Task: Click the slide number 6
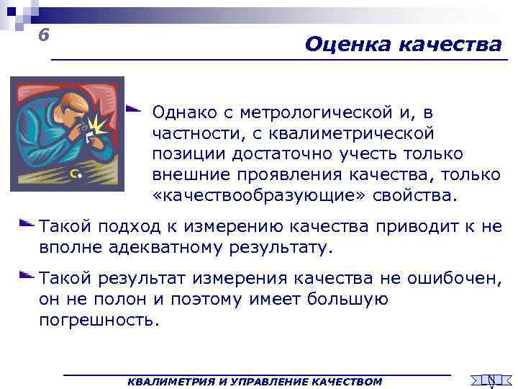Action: (44, 35)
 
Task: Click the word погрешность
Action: (96, 320)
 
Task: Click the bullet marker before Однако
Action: (132, 109)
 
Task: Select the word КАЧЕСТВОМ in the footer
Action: (348, 381)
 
